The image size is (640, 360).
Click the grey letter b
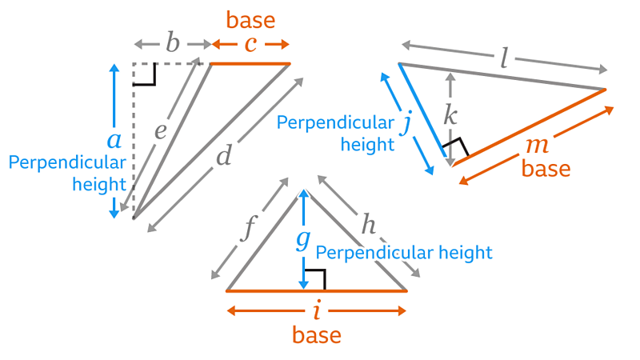(173, 43)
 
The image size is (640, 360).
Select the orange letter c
(250, 44)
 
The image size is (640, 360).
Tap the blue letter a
(114, 141)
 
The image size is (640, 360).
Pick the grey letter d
(223, 157)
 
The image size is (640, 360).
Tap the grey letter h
(367, 225)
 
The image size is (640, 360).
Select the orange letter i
(317, 310)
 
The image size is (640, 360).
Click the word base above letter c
(251, 18)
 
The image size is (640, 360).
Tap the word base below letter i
(317, 334)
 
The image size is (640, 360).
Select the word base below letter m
(546, 169)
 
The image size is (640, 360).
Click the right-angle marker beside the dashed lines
(146, 74)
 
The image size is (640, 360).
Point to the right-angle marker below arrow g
(315, 280)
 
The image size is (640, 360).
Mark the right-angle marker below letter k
(457, 147)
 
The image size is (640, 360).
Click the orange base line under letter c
(250, 63)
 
